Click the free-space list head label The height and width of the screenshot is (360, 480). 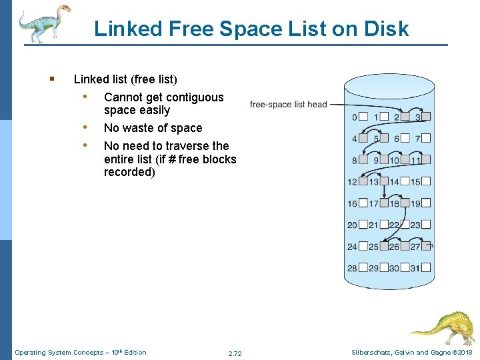(x=288, y=104)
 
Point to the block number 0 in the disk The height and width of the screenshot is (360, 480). (x=354, y=117)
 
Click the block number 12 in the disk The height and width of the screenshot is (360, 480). (x=352, y=182)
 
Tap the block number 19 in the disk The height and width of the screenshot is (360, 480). (x=415, y=203)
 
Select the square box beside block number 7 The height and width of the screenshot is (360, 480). (x=426, y=139)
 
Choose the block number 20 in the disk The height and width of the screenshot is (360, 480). (x=352, y=225)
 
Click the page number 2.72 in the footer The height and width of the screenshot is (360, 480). (x=235, y=353)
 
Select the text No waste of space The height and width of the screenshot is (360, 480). (x=153, y=128)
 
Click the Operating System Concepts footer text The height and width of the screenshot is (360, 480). (x=80, y=352)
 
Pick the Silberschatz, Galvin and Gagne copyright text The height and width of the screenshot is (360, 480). (x=411, y=352)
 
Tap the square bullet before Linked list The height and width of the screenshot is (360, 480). (x=51, y=79)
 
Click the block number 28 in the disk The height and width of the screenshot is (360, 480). (x=352, y=268)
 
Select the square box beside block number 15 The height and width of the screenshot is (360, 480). (x=426, y=182)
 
